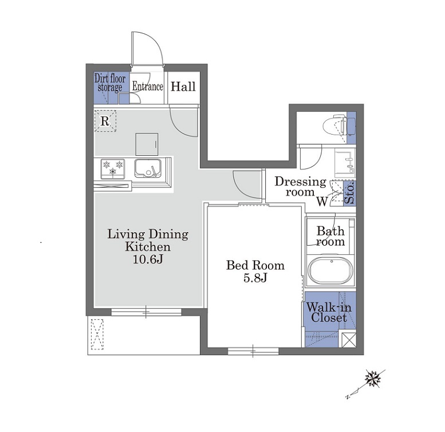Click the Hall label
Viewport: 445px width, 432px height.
183,87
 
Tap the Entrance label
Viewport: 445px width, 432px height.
148,87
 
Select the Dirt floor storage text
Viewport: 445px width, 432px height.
110,83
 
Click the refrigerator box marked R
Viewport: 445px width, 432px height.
105,121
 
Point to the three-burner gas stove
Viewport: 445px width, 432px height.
113,168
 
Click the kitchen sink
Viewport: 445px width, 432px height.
148,168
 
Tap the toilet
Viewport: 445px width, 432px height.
335,124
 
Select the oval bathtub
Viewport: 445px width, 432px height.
331,270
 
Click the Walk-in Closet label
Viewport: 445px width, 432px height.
329,312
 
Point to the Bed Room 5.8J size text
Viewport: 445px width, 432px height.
255,272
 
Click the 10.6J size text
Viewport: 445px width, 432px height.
148,259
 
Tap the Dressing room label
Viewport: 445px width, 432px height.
300,186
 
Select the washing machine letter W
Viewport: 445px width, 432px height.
322,202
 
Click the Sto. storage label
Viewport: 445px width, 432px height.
349,194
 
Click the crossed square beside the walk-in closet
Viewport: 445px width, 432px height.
348,339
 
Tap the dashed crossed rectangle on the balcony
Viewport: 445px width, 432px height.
97,335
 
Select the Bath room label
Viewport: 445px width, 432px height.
330,236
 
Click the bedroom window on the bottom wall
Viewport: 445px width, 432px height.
253,351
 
